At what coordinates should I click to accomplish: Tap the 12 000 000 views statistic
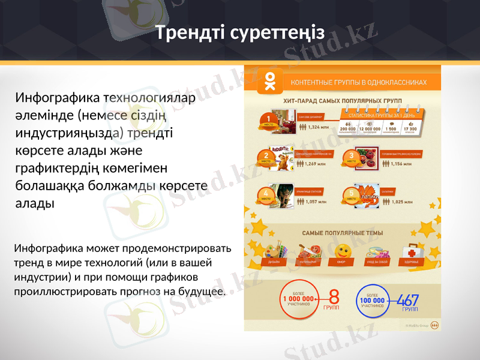click(373, 128)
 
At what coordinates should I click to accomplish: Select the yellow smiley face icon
click(342, 251)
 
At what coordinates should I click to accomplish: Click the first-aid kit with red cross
click(412, 251)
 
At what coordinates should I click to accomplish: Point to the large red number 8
click(334, 297)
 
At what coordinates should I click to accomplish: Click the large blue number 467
click(408, 298)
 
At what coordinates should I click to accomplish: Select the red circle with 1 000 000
click(298, 298)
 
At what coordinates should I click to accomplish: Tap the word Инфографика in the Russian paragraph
click(50, 248)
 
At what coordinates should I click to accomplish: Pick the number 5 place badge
click(351, 195)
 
